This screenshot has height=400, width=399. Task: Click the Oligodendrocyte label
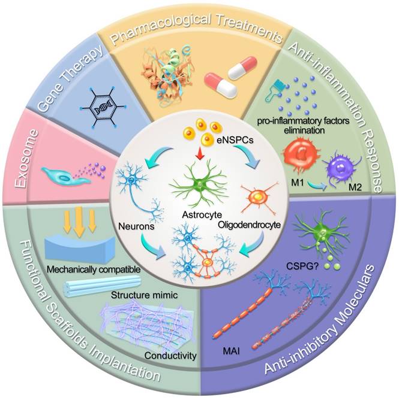[x=248, y=226]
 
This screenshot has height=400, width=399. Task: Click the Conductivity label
[x=175, y=356]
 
